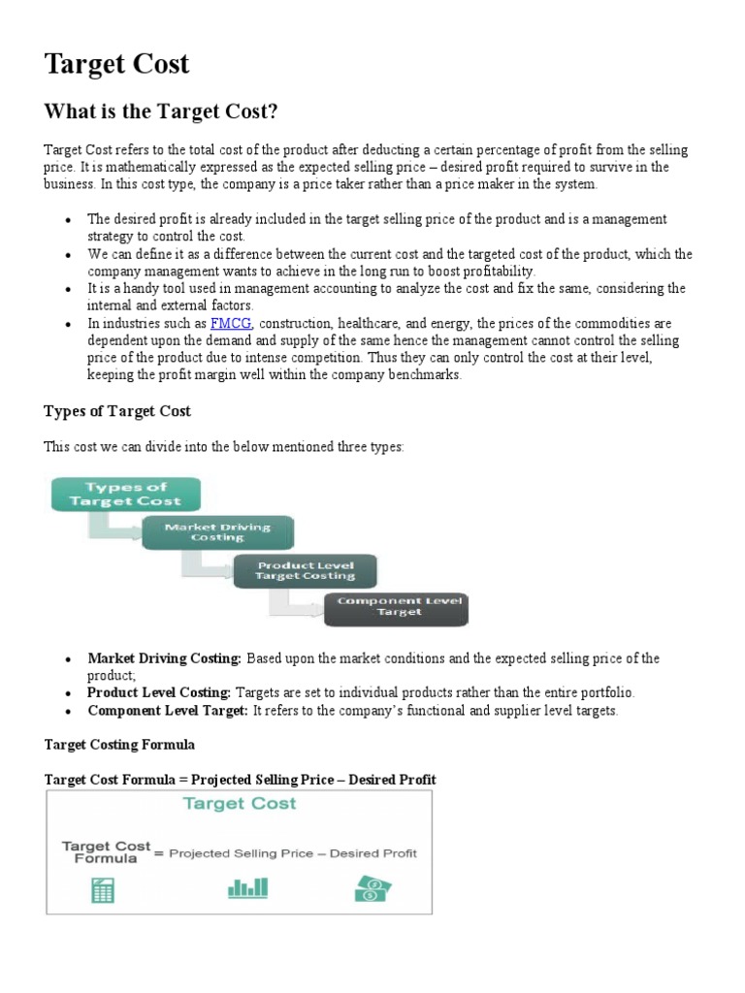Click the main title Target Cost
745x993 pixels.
(x=116, y=65)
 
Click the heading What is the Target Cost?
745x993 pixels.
(x=161, y=112)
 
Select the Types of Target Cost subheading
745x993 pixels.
(x=117, y=411)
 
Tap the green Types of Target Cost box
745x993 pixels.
(x=125, y=494)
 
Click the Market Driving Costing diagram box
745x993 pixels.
(x=217, y=532)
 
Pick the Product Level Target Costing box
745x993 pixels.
(x=306, y=570)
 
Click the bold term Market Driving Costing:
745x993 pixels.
(x=164, y=658)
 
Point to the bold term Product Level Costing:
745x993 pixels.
(x=159, y=693)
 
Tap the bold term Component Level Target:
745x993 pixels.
(x=168, y=711)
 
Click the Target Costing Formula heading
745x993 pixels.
(x=119, y=745)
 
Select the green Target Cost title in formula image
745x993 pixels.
(x=240, y=804)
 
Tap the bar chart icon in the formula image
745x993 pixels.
(x=247, y=887)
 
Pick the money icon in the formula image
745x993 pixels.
(x=373, y=887)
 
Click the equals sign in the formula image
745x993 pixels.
(x=161, y=853)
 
